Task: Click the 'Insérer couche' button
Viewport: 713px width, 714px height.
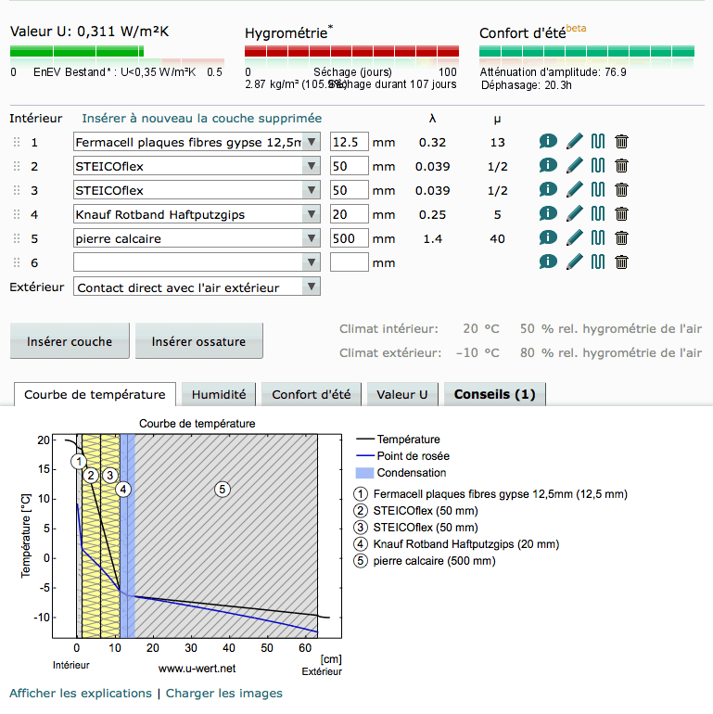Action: coord(70,341)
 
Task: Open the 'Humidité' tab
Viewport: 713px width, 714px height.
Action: coord(219,394)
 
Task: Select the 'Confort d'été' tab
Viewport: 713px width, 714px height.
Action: coord(311,394)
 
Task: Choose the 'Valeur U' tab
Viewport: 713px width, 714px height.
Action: coord(401,394)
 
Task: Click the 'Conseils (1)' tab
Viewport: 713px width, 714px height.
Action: coord(494,394)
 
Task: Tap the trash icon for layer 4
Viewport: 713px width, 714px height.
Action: coord(621,213)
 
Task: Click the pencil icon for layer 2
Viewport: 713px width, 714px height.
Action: coord(575,166)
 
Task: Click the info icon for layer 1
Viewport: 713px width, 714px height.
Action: coord(548,142)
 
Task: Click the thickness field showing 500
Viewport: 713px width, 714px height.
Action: coord(349,238)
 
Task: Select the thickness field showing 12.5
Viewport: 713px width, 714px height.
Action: coord(349,142)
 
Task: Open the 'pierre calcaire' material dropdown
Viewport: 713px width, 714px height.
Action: coord(197,238)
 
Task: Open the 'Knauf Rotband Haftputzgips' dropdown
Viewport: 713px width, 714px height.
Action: coord(197,214)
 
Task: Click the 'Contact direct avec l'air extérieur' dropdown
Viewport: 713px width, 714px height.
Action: coord(197,287)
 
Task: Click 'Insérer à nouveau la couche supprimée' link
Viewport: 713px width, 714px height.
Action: coord(201,119)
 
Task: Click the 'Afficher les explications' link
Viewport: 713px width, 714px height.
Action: coord(80,694)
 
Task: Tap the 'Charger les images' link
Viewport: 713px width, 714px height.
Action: coord(223,694)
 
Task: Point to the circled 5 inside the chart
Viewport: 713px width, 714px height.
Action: coord(222,489)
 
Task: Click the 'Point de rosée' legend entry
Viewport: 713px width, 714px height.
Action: coord(413,456)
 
